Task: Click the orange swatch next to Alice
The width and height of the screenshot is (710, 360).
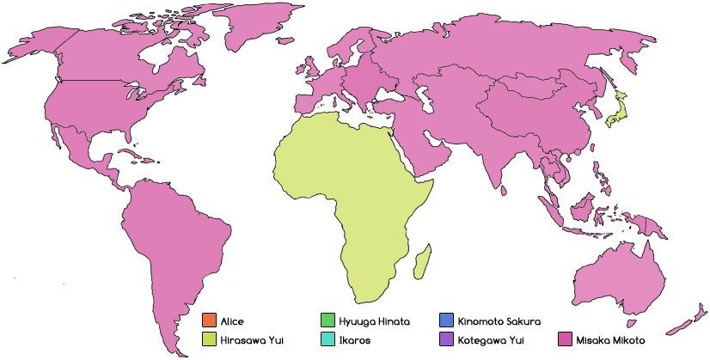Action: coord(208,321)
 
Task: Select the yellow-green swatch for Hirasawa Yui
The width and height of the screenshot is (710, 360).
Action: coord(208,339)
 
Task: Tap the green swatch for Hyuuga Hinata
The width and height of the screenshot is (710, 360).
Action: coord(327,321)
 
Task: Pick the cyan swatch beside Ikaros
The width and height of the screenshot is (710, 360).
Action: coord(327,339)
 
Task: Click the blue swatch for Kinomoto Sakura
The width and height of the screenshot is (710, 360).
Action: coord(446,321)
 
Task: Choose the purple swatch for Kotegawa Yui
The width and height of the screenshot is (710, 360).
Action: coord(446,339)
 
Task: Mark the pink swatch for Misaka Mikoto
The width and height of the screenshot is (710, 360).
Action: coord(565,339)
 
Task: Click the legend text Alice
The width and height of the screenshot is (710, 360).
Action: coord(232,321)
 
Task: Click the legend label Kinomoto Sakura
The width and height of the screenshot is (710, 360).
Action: coord(499,321)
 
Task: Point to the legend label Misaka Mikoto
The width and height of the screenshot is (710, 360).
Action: coord(611,339)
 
